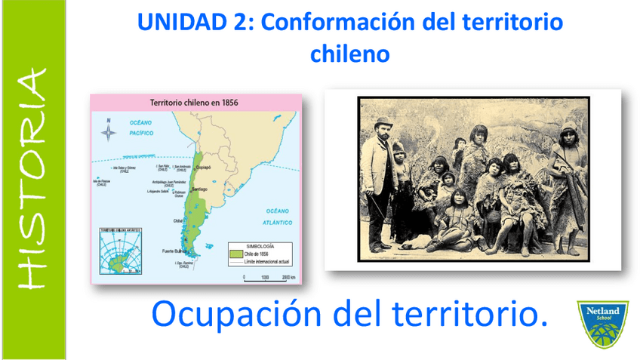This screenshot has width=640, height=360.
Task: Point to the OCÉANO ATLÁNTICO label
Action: pos(278,217)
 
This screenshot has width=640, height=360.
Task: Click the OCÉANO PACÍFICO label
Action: pos(141,127)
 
